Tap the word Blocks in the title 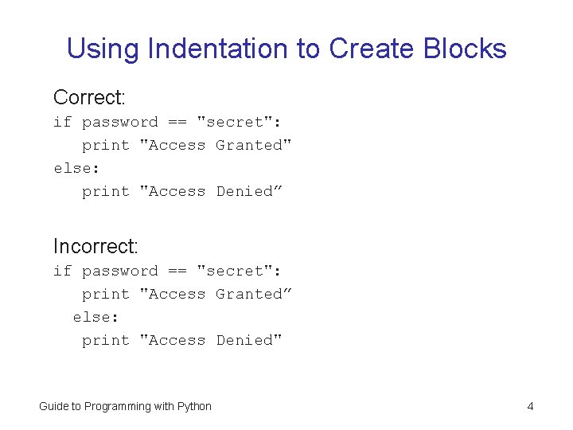click(x=465, y=49)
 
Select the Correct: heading click(x=89, y=97)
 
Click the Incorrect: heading click(x=95, y=246)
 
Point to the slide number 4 click(x=530, y=406)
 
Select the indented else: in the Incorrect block click(x=96, y=317)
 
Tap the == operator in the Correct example click(x=177, y=122)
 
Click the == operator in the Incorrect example click(x=177, y=271)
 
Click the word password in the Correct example click(x=120, y=122)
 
